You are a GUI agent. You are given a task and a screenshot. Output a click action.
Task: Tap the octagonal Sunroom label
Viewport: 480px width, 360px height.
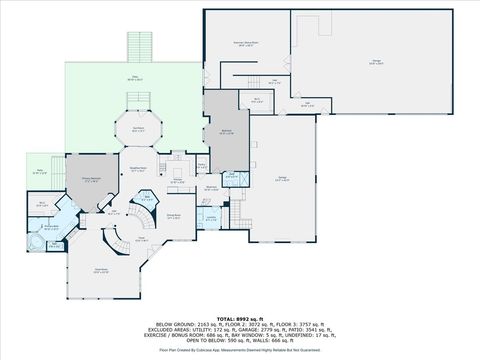click(x=136, y=129)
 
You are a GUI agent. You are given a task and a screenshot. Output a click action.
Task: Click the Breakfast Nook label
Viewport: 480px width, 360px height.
click(x=140, y=170)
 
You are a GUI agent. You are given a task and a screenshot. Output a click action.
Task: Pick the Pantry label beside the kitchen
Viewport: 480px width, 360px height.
click(x=201, y=165)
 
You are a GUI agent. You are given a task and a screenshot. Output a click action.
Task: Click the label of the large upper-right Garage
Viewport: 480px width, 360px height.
click(x=376, y=63)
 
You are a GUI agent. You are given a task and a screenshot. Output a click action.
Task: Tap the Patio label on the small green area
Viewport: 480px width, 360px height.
click(x=40, y=172)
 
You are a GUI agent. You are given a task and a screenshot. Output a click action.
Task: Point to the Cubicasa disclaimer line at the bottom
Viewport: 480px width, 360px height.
click(x=240, y=350)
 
